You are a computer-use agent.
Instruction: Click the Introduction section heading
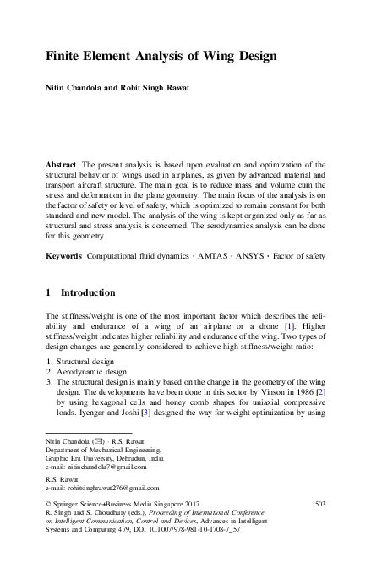(88, 293)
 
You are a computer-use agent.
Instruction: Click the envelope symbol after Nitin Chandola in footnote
(97, 441)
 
